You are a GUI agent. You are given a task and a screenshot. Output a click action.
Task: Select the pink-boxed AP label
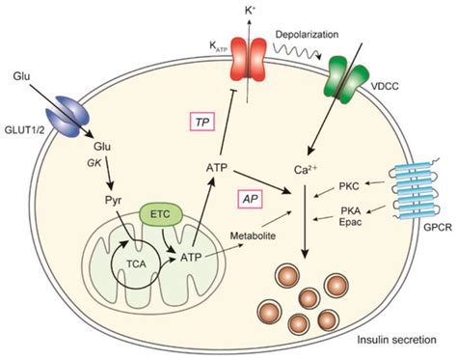[x=251, y=196]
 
